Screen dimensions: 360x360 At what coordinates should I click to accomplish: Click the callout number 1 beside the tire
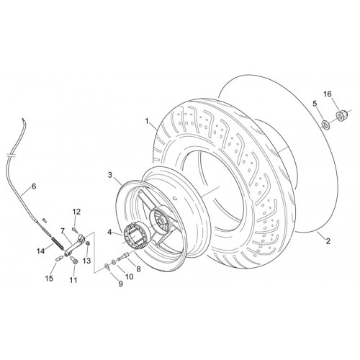[x=147, y=121]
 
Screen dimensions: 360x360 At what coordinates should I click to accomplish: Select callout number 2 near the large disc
[x=328, y=240]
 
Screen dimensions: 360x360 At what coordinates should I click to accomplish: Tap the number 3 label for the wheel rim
[x=110, y=175]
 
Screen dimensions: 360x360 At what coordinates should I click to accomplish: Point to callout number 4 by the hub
[x=109, y=232]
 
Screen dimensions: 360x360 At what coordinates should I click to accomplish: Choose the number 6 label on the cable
[x=34, y=186]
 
